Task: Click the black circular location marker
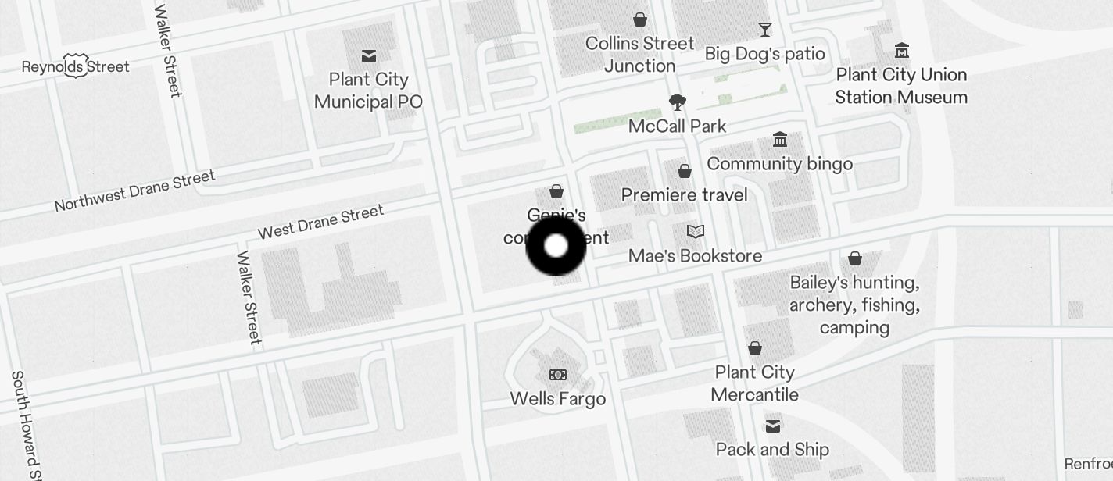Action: (556, 247)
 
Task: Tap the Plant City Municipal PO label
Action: (368, 91)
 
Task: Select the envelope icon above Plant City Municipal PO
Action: (369, 56)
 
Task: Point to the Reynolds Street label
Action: (75, 66)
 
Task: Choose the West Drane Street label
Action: (320, 222)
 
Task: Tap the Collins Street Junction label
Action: (639, 55)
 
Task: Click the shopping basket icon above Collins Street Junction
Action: (640, 20)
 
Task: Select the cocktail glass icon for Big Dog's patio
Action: (764, 30)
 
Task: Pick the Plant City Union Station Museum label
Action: (901, 86)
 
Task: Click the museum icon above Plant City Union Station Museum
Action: (901, 51)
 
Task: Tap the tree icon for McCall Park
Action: (677, 102)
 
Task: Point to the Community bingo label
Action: (779, 164)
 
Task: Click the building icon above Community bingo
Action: (779, 140)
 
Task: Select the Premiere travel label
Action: (684, 194)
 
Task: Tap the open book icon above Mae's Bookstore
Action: (695, 232)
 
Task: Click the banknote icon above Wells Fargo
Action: (557, 376)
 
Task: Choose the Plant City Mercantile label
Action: (755, 383)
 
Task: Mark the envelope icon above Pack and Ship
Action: (772, 426)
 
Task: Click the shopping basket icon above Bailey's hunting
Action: (855, 258)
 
